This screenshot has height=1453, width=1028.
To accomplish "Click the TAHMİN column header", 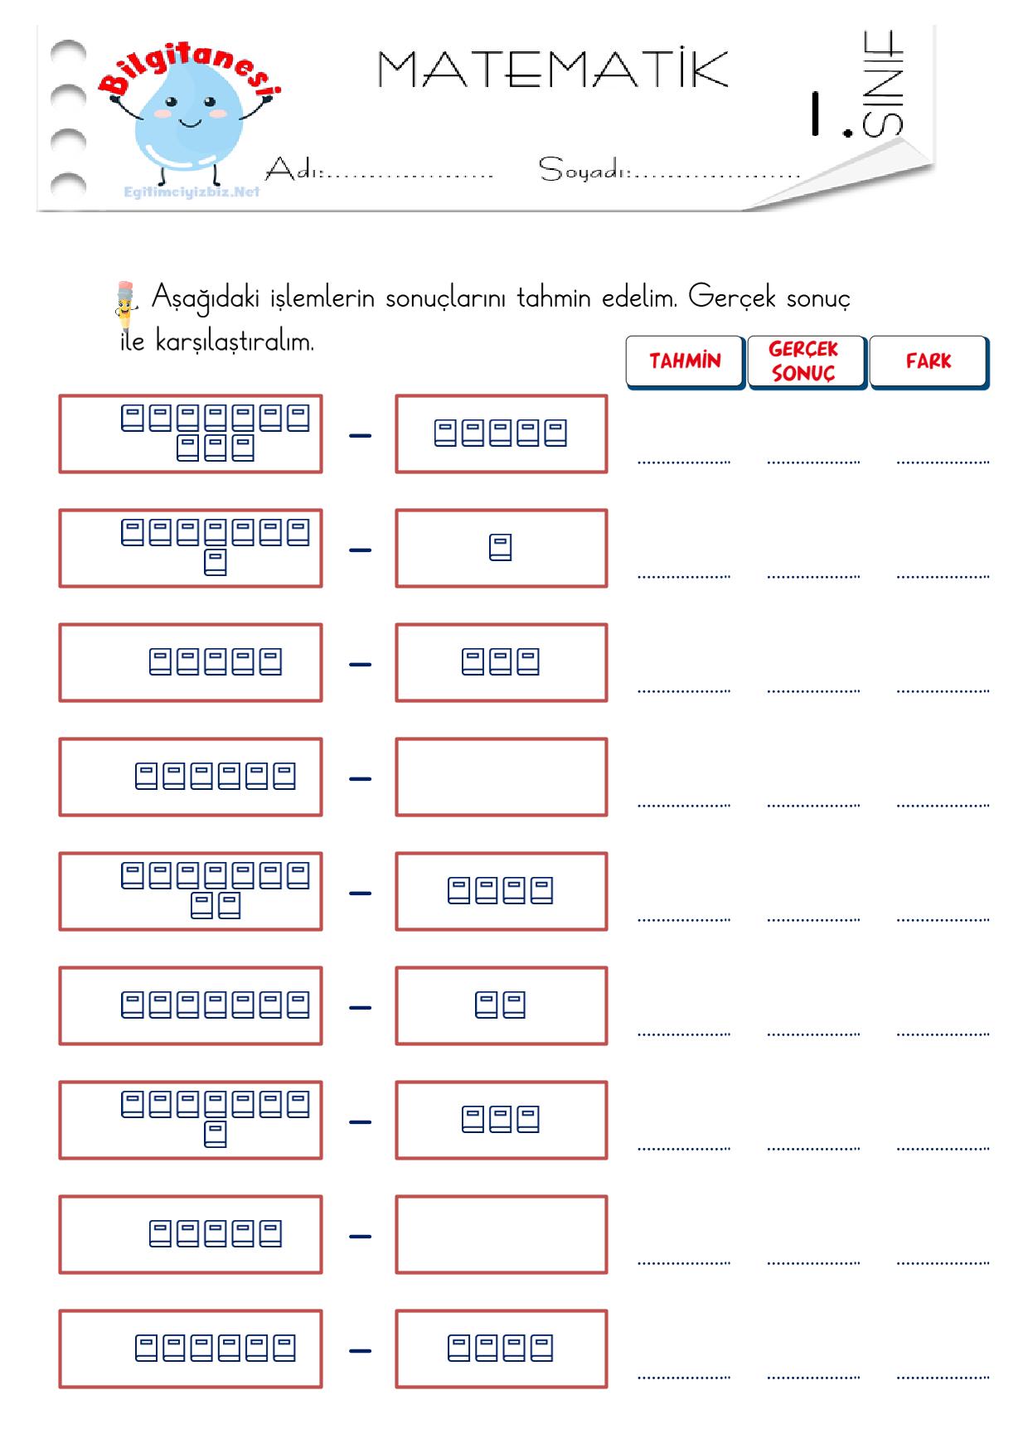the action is coord(685,361).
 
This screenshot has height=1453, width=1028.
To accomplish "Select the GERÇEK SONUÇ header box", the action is coord(807,361).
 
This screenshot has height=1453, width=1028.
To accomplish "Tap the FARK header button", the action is coord(929,361).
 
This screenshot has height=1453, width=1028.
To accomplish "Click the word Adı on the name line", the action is coord(293,169).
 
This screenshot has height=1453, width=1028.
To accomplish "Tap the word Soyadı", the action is coord(584,169).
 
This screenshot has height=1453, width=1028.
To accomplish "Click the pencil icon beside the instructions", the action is coord(124,305).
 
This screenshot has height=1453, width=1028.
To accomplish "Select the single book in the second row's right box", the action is coord(500,548).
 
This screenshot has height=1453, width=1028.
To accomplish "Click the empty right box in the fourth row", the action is coord(502,777).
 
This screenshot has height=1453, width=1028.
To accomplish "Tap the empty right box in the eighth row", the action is coord(502,1235).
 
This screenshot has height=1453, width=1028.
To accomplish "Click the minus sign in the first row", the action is coord(360,435).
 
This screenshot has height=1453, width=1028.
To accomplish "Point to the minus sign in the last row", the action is coord(360,1350).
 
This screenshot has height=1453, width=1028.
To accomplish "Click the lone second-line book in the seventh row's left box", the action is coord(215,1135).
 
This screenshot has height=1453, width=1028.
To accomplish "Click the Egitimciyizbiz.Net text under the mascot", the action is coord(192,192).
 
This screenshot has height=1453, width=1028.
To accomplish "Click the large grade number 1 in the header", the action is coord(816,114).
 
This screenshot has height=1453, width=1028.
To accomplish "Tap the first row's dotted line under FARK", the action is coord(943,463).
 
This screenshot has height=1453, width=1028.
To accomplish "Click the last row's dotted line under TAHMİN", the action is coord(684,1378).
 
